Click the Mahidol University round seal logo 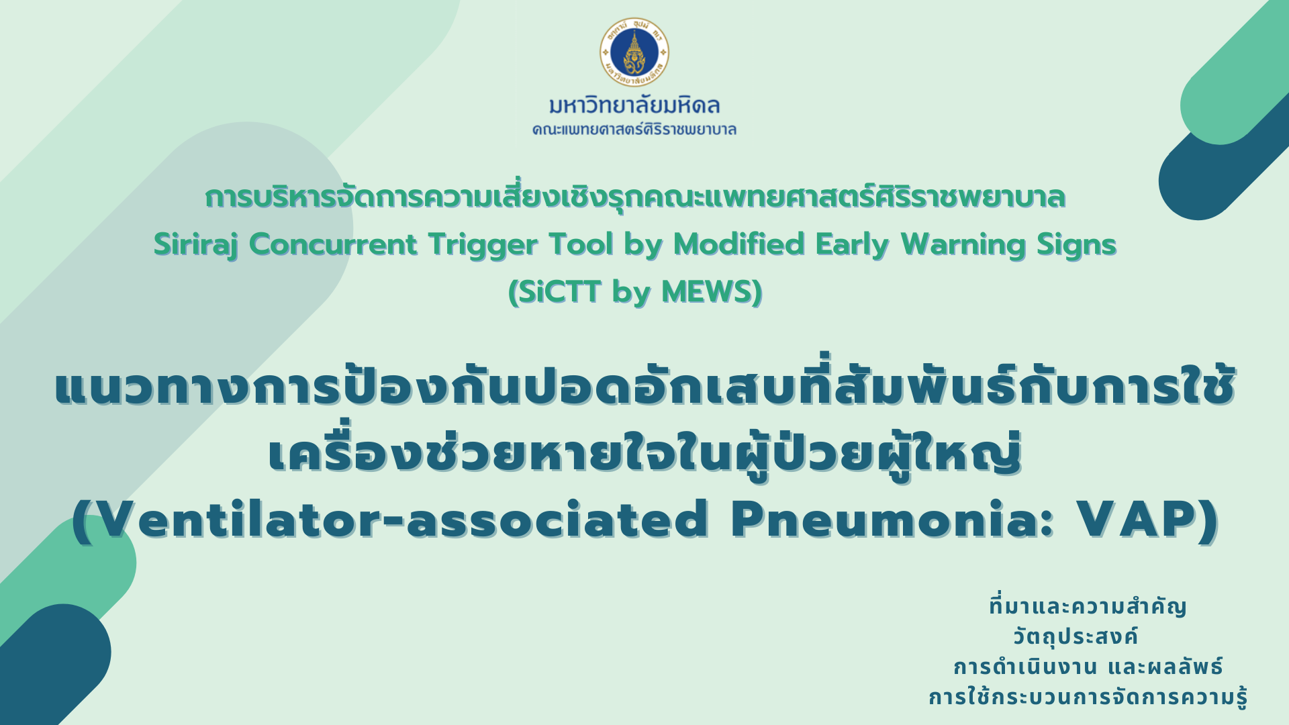click(634, 52)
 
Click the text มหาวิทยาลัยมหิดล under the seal click(634, 105)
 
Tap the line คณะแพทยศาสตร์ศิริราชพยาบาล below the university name click(634, 129)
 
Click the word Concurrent click(333, 244)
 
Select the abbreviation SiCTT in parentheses click(559, 292)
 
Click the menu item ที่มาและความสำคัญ click(1088, 606)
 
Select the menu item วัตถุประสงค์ click(1076, 636)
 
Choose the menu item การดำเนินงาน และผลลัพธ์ click(1088, 667)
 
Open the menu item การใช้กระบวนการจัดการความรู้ click(1088, 697)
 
